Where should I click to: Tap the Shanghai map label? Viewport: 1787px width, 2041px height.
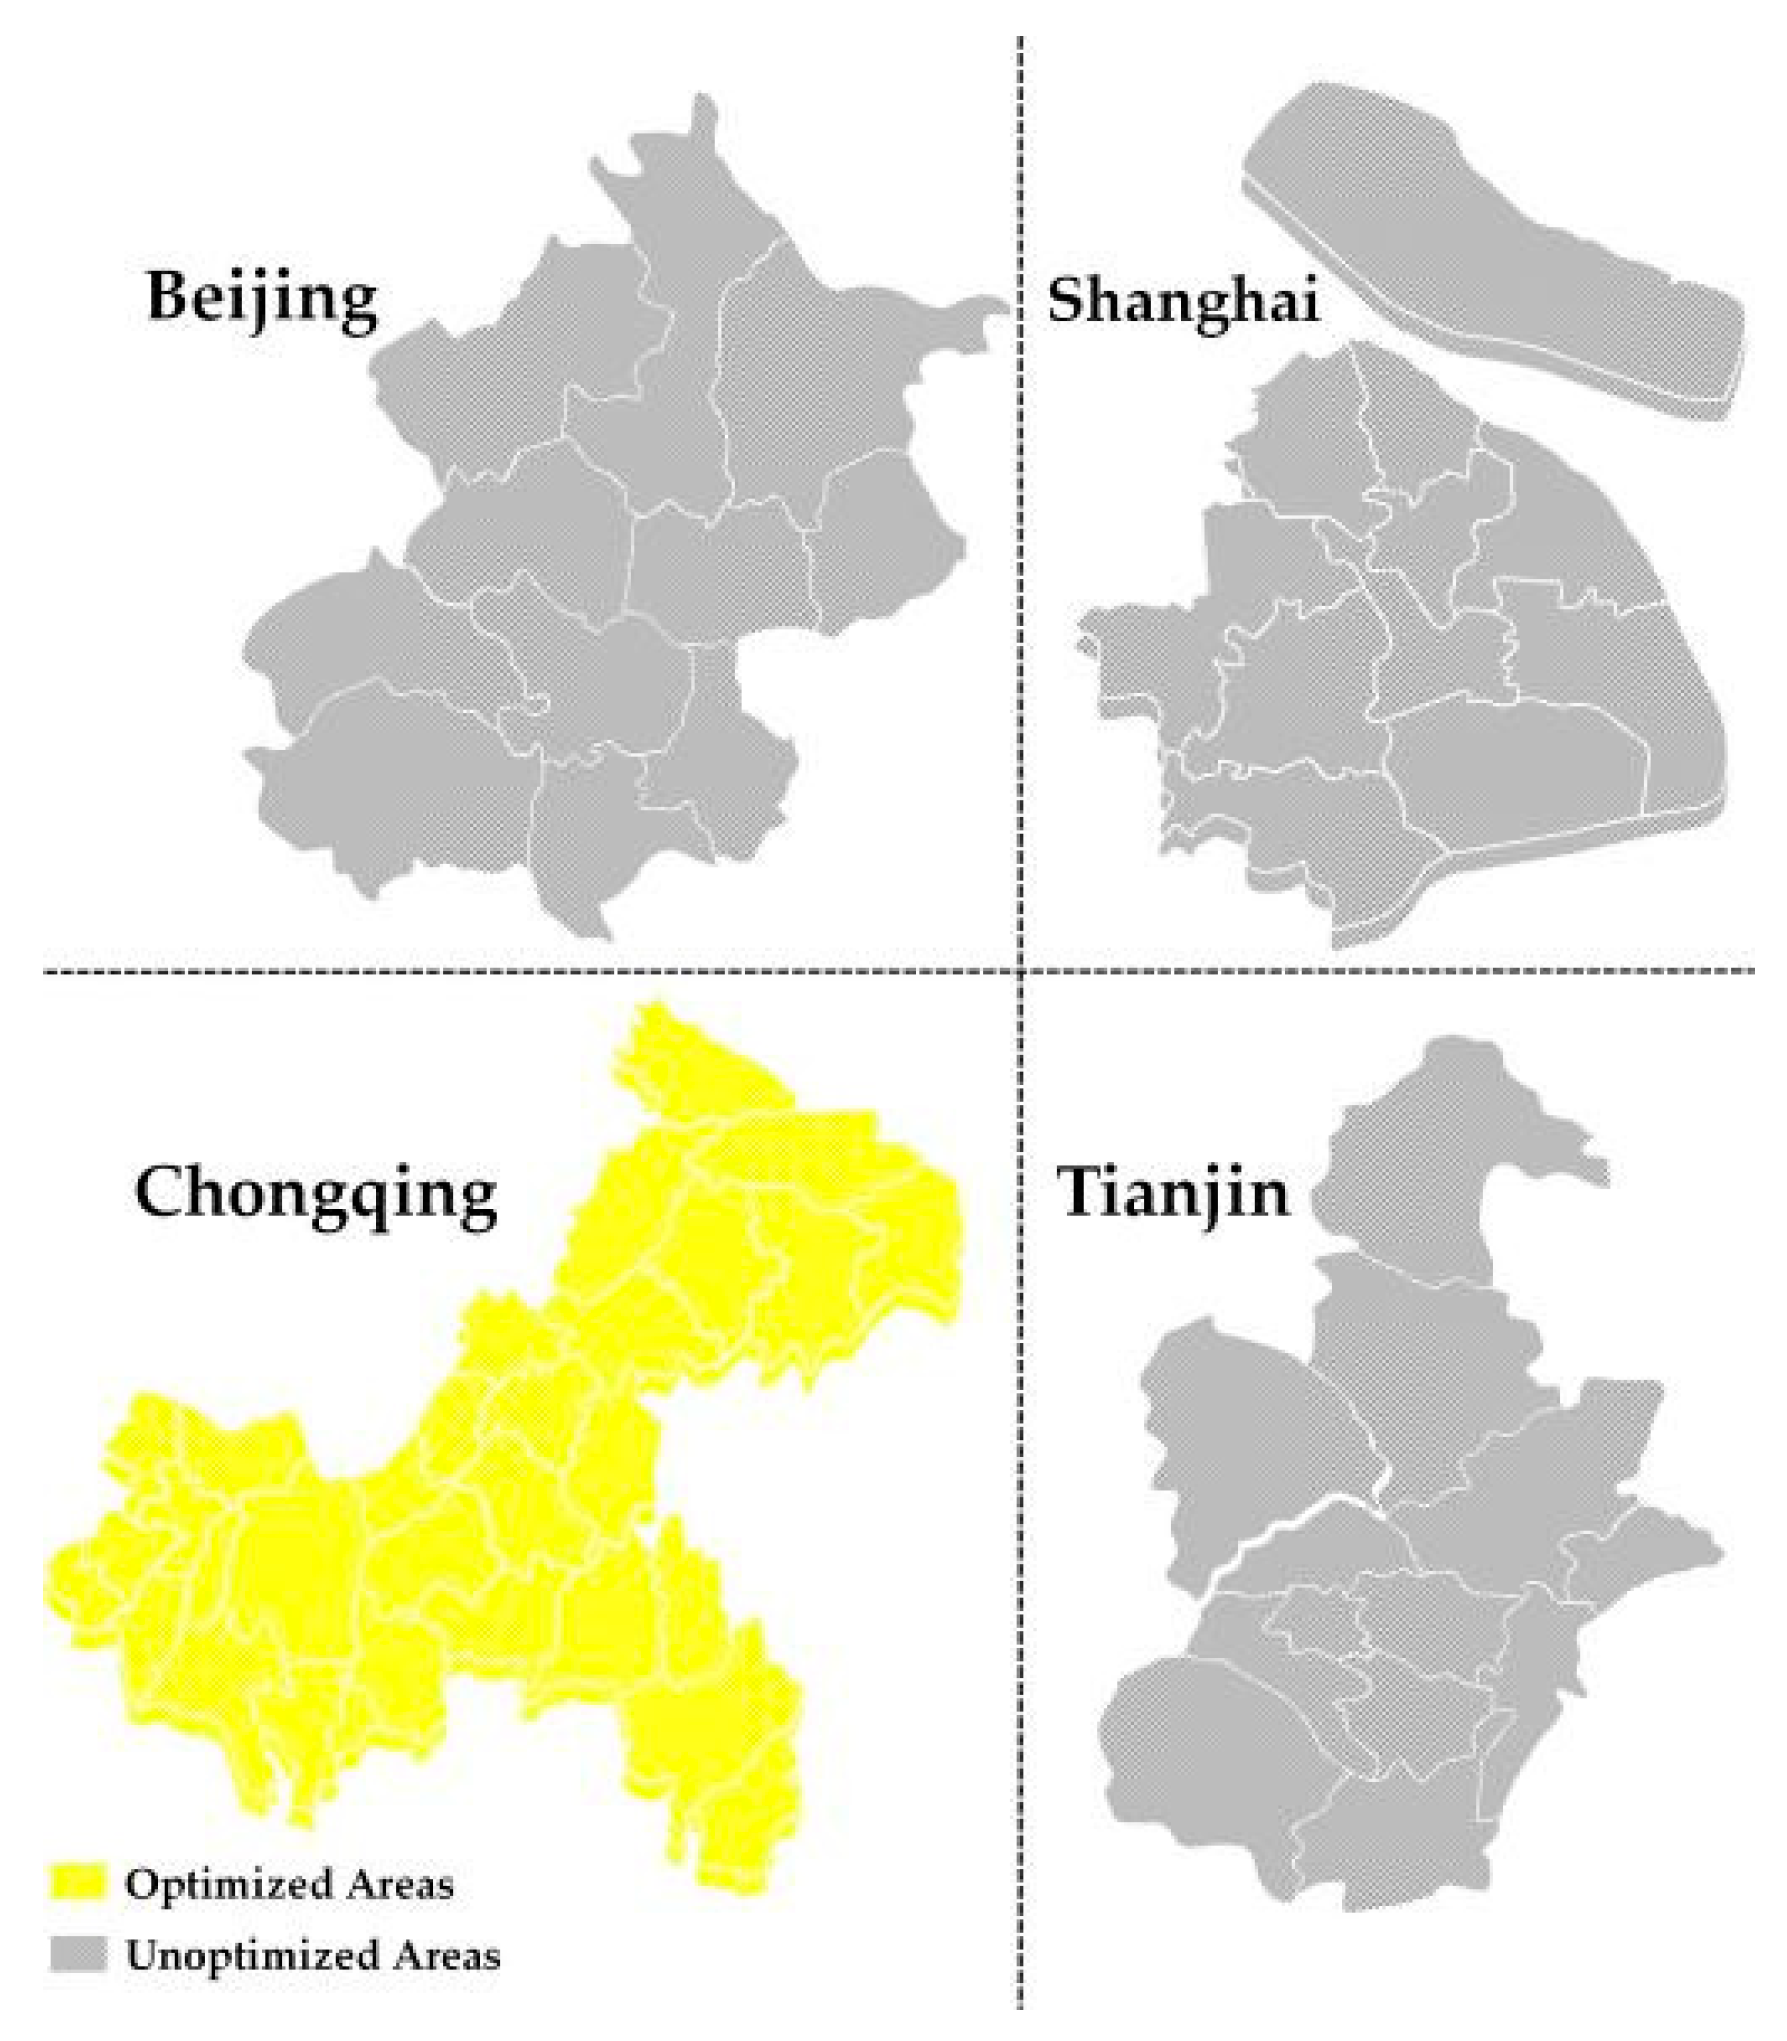[x=1183, y=301]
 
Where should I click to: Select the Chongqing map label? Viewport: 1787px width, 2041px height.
[x=316, y=1195]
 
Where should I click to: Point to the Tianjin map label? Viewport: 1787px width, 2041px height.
[x=1174, y=1194]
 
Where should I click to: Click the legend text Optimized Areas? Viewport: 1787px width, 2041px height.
[x=289, y=1884]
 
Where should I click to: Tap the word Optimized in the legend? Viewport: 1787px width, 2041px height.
[x=228, y=1885]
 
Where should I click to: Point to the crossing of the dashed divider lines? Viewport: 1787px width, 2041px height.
[x=1020, y=970]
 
